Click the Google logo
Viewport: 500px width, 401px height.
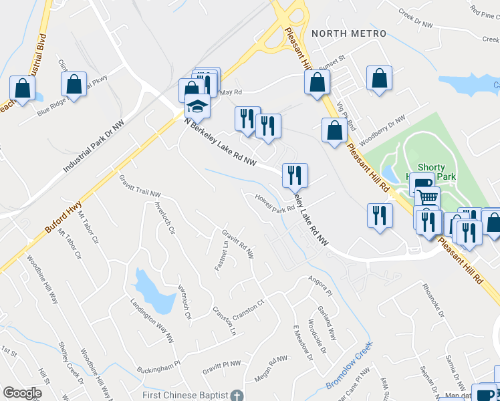(x=22, y=393)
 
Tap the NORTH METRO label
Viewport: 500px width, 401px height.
(x=348, y=33)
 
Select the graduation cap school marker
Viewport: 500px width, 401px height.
(x=197, y=107)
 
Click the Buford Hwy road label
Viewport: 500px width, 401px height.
(x=66, y=219)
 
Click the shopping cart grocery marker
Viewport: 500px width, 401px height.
(x=427, y=198)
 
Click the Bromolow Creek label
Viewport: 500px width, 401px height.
(x=348, y=369)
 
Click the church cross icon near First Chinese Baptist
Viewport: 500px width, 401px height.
(x=235, y=396)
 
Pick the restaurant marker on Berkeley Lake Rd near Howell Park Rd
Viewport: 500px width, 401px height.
(x=295, y=176)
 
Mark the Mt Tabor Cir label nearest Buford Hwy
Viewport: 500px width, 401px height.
(x=88, y=229)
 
